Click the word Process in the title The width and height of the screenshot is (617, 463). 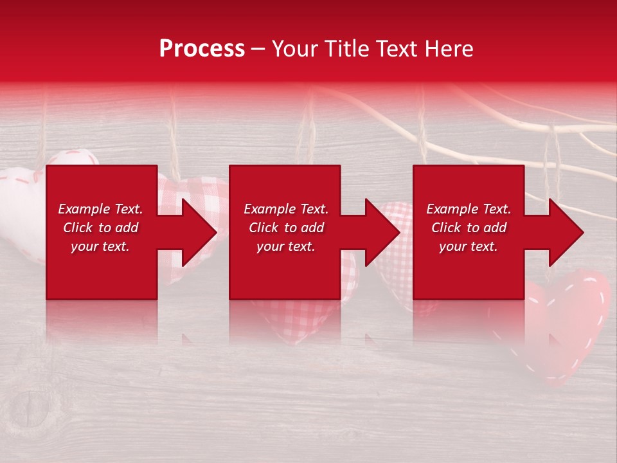[202, 48]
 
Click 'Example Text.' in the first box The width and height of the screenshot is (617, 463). [101, 209]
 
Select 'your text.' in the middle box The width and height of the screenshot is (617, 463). [286, 246]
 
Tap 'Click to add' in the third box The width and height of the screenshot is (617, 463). [469, 228]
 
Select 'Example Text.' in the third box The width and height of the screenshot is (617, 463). [469, 209]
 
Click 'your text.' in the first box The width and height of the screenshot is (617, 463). [101, 246]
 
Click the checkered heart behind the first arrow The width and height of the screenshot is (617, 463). [193, 193]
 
